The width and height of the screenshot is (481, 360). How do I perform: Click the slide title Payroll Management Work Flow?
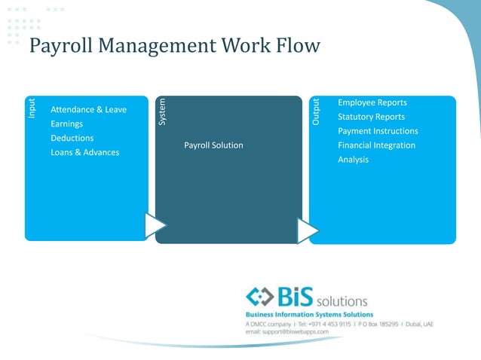[174, 46]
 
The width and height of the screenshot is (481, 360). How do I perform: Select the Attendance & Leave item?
[88, 110]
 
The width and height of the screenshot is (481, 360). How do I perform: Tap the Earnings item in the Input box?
[67, 124]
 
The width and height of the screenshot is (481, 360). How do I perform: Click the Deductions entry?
[72, 139]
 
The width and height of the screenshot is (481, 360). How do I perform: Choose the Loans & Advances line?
[84, 153]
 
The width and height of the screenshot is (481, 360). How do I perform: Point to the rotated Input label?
[32, 108]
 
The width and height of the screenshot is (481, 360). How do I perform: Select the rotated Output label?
[317, 111]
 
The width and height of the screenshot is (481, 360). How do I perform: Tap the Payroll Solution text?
[213, 145]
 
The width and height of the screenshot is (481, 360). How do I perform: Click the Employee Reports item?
[372, 102]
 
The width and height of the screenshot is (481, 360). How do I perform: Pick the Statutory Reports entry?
[371, 117]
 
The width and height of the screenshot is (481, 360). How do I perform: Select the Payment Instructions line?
[378, 131]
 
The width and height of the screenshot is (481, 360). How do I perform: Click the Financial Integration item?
[376, 145]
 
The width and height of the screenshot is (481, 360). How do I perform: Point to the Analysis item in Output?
[353, 160]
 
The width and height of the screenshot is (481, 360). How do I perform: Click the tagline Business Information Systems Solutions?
[309, 314]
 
